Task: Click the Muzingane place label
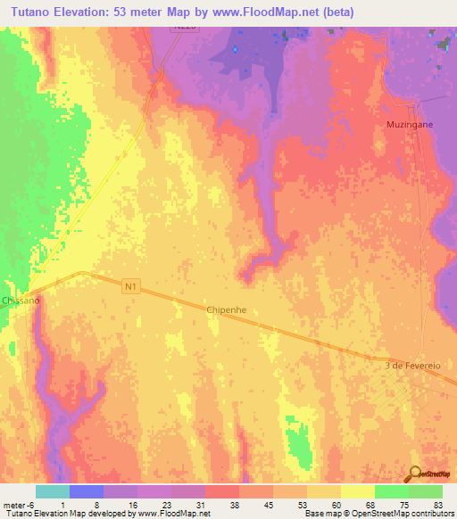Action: pos(410,124)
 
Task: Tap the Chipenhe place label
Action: pos(226,309)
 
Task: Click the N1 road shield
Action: pos(132,285)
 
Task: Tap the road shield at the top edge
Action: pos(182,29)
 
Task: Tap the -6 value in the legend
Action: pos(31,504)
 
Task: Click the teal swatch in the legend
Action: pos(53,491)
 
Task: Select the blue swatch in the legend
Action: pos(87,491)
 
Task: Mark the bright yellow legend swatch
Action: pos(357,491)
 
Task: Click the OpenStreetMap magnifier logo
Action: pos(414,474)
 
